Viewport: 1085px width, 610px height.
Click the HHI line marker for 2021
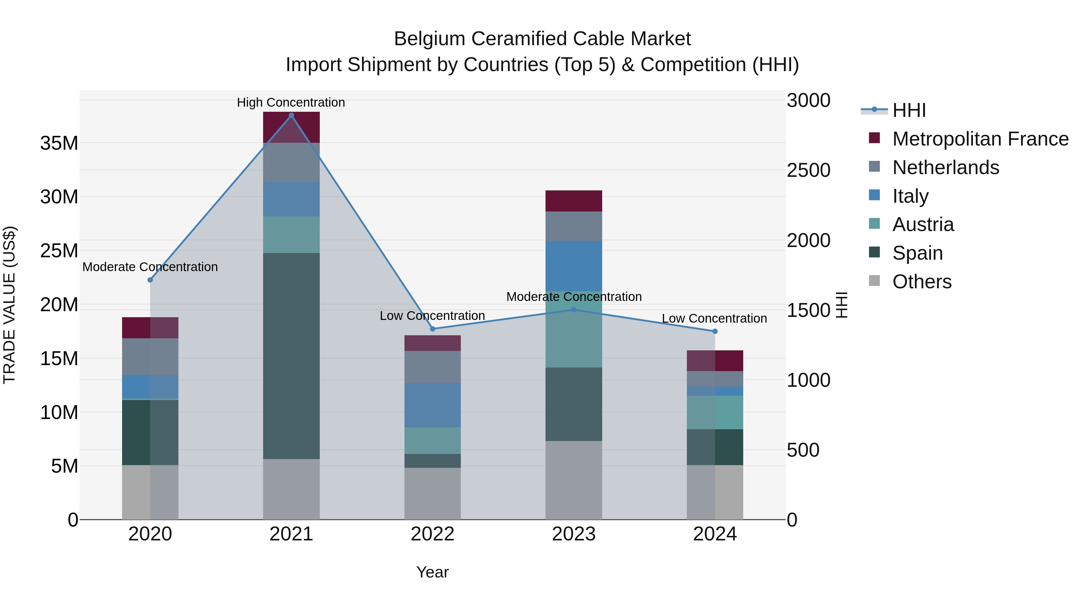pos(291,115)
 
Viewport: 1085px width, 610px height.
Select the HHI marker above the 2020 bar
pos(150,280)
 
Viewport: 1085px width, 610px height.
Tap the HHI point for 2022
pos(432,329)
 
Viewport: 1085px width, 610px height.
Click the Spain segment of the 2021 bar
pos(291,356)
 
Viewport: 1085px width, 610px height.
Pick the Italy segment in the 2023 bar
pos(574,266)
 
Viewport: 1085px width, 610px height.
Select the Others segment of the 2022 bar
pos(432,493)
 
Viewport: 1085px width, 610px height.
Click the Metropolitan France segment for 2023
pos(574,201)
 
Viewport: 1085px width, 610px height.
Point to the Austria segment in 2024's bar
pos(715,413)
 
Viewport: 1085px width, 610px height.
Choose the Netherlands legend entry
pos(945,167)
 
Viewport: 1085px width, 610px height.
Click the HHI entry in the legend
pos(909,110)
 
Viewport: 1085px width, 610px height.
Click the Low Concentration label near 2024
pos(714,318)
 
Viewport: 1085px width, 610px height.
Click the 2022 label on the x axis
pos(432,534)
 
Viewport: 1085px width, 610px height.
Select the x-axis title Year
pos(432,572)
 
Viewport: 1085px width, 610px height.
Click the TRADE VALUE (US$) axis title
pos(10,305)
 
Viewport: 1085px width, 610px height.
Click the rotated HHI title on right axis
pos(841,305)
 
